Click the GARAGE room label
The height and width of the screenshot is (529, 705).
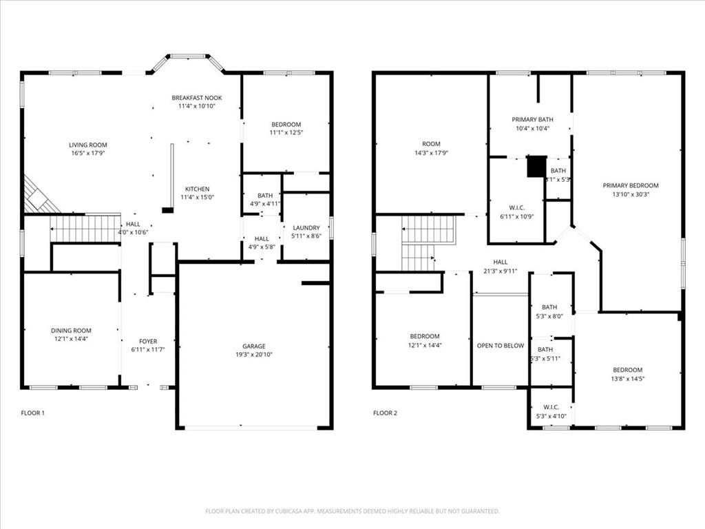(253, 346)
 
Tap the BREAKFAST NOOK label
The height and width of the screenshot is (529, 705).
(197, 98)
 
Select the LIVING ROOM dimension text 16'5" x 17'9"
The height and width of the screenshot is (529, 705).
(88, 154)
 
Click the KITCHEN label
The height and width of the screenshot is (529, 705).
(197, 189)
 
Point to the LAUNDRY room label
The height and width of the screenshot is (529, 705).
(306, 228)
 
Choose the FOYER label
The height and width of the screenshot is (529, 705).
(148, 342)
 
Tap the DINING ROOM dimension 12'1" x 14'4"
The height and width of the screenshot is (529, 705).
(71, 340)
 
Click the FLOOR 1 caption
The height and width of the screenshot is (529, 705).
(33, 413)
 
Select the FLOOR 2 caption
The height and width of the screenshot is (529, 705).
(386, 413)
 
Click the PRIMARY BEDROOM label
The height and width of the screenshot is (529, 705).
(631, 185)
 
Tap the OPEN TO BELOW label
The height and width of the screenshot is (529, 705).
(501, 346)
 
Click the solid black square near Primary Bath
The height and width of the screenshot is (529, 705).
(536, 167)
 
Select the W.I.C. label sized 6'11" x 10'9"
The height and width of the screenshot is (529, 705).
(516, 207)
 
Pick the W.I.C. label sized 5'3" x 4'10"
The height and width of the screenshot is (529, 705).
(550, 407)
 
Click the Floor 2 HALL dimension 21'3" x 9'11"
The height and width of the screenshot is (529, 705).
(501, 271)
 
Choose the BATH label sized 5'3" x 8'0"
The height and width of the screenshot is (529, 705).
(549, 307)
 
